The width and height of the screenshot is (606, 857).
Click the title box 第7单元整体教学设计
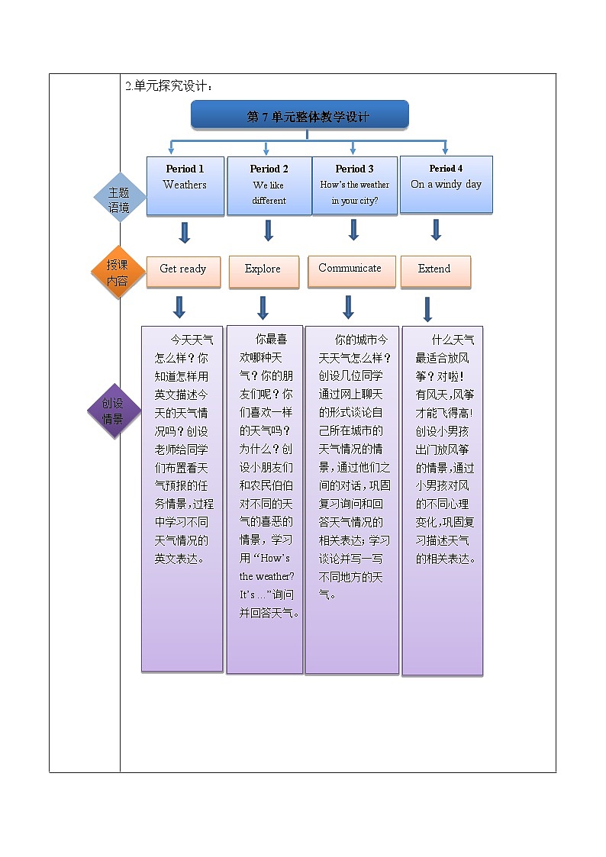click(x=299, y=115)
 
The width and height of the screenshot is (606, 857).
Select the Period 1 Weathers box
click(x=185, y=185)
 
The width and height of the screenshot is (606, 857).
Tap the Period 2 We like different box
click(x=269, y=185)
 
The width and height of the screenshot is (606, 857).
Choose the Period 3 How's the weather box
click(x=354, y=185)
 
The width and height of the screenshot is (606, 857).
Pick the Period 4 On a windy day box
click(x=446, y=184)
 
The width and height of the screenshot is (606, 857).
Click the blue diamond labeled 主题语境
click(x=119, y=198)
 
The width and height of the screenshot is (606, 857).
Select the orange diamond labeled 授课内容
click(x=118, y=272)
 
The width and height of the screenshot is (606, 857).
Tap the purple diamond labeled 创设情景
click(x=114, y=411)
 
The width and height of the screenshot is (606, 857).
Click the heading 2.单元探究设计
click(x=169, y=86)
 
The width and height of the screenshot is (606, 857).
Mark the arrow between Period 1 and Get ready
click(x=184, y=232)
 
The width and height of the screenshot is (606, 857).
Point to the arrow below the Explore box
click(x=263, y=308)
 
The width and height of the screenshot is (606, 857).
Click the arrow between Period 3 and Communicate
click(x=353, y=230)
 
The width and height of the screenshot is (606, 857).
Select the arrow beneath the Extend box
click(x=427, y=309)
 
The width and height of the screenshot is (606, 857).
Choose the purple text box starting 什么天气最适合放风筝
click(x=443, y=500)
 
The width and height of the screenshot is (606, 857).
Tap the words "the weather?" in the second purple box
click(x=266, y=576)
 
